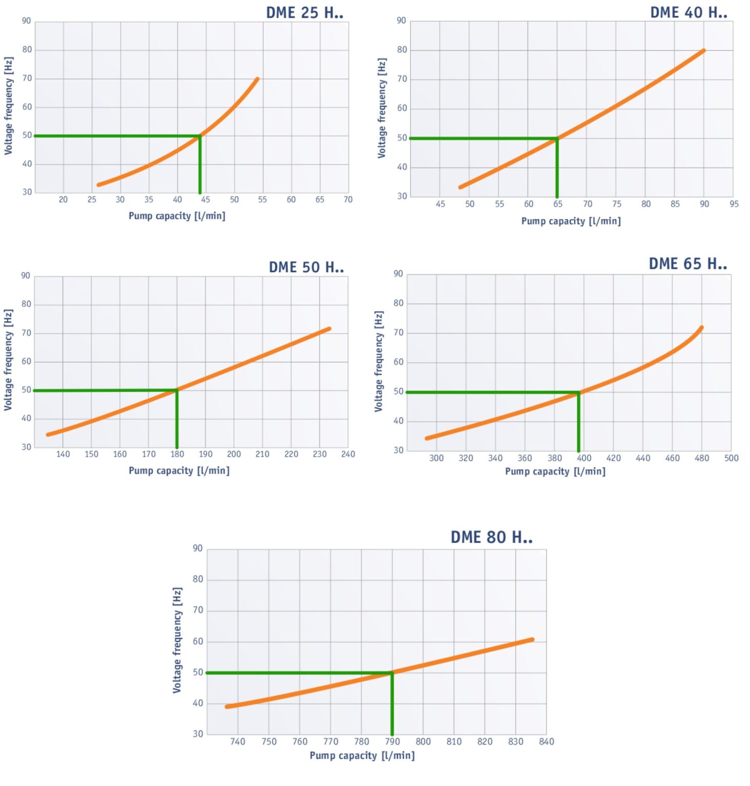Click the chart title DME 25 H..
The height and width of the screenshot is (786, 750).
[x=304, y=13]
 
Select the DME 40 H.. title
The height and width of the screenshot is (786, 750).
[x=689, y=13]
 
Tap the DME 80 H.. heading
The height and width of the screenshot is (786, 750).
[x=491, y=537]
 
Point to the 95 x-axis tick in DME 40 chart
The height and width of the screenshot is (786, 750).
[x=734, y=204]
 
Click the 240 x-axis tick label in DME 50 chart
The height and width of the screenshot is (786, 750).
[x=348, y=454]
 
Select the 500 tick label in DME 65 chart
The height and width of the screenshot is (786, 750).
[x=731, y=458]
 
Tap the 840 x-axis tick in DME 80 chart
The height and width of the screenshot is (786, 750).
[x=546, y=741]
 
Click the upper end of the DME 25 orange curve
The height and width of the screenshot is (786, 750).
[x=257, y=79]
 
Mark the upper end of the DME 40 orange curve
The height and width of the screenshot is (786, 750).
[x=704, y=51]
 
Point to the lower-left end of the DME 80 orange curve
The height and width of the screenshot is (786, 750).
[x=227, y=707]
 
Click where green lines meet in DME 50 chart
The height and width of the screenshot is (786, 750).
[x=177, y=390]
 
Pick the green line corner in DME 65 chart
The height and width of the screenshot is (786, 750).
[x=579, y=392]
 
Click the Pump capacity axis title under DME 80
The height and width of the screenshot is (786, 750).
[x=362, y=756]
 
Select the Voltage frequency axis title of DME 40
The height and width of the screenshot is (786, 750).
[x=382, y=108]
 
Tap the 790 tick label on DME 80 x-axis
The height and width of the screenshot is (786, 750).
[x=392, y=741]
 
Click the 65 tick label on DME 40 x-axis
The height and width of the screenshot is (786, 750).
[x=558, y=204]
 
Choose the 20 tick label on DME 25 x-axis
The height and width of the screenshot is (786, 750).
[x=63, y=200]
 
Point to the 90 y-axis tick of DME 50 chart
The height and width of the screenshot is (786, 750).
[x=26, y=276]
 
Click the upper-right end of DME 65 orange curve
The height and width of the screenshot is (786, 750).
[x=701, y=327]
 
